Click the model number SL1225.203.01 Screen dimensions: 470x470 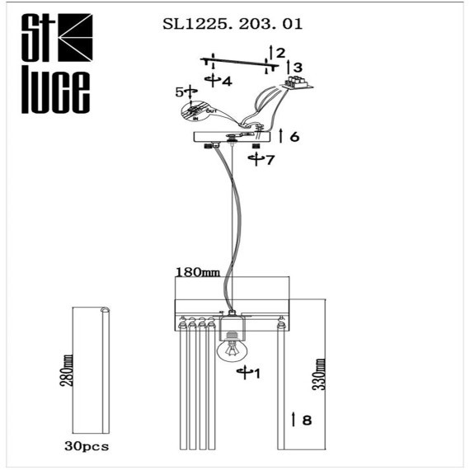(x=233, y=24)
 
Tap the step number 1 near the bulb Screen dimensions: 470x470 (x=257, y=374)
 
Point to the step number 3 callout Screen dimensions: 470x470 (x=298, y=68)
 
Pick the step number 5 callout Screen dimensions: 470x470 (x=178, y=92)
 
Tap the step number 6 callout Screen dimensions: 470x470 (x=294, y=136)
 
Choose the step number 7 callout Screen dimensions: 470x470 (x=268, y=159)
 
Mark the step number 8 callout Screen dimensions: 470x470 (x=307, y=420)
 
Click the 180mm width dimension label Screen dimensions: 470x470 (x=197, y=271)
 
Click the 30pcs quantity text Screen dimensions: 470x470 (x=87, y=447)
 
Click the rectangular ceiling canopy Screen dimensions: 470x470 (x=232, y=137)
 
